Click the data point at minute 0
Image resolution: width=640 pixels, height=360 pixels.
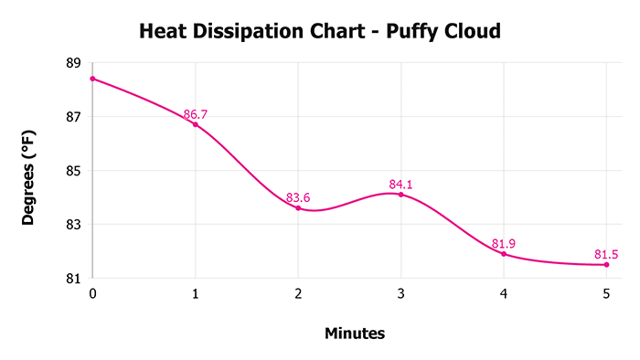(92, 79)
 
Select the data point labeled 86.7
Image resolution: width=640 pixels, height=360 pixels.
(195, 124)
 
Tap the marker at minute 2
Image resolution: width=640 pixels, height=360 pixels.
(298, 208)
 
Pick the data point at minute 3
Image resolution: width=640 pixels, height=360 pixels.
(400, 195)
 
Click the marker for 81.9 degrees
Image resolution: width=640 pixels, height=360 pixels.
(504, 254)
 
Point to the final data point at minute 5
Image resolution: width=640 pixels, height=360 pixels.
(606, 265)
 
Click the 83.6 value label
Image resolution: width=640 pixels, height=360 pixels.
(299, 197)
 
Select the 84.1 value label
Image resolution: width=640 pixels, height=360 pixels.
(401, 184)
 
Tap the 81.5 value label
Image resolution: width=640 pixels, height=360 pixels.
(607, 253)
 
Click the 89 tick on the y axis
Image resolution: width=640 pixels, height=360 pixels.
(73, 63)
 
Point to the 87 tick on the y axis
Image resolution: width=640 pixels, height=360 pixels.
(73, 117)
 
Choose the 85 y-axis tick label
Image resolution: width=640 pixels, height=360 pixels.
(73, 171)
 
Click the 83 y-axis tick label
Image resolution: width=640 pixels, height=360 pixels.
(73, 225)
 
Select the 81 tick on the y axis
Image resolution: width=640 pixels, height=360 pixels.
(73, 278)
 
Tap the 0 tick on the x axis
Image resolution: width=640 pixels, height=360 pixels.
(92, 294)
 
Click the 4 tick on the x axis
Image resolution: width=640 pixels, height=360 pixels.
(504, 294)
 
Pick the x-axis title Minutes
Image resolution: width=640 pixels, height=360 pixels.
(355, 334)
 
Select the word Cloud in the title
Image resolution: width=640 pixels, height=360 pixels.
(472, 33)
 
